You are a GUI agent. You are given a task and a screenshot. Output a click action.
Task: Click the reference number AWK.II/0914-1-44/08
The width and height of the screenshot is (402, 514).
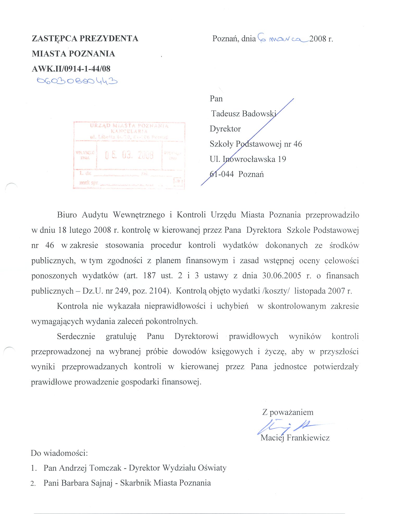coord(71,69)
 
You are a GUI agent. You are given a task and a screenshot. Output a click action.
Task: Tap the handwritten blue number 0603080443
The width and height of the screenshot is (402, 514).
coord(77,81)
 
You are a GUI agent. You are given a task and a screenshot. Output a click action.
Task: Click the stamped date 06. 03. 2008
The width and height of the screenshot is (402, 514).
coord(129,155)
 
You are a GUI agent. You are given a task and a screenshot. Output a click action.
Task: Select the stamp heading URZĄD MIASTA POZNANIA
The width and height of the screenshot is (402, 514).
coord(129,126)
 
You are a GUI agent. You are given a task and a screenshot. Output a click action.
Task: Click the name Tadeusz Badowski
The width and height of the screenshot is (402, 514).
coord(243,114)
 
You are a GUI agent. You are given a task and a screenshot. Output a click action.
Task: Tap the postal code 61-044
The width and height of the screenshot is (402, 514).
coord(222,174)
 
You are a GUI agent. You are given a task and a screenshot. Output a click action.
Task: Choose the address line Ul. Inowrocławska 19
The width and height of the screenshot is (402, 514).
coord(248,159)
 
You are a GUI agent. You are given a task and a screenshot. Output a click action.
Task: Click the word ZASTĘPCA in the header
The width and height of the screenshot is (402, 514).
coord(54,39)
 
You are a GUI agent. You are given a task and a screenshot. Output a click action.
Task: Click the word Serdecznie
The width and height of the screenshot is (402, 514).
coord(76,336)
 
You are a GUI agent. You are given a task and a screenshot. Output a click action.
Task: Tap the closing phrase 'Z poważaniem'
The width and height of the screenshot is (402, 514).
coord(288,412)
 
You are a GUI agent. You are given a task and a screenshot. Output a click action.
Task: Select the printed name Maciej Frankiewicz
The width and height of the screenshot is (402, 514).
coord(295,438)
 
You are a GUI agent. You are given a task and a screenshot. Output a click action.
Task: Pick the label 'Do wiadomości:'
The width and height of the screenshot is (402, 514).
coord(59,453)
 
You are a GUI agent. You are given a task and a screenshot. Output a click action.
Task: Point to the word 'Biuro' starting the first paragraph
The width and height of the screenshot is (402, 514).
coord(67,215)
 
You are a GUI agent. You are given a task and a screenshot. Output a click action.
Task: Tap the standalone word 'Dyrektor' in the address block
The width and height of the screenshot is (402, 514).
coord(225,129)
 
